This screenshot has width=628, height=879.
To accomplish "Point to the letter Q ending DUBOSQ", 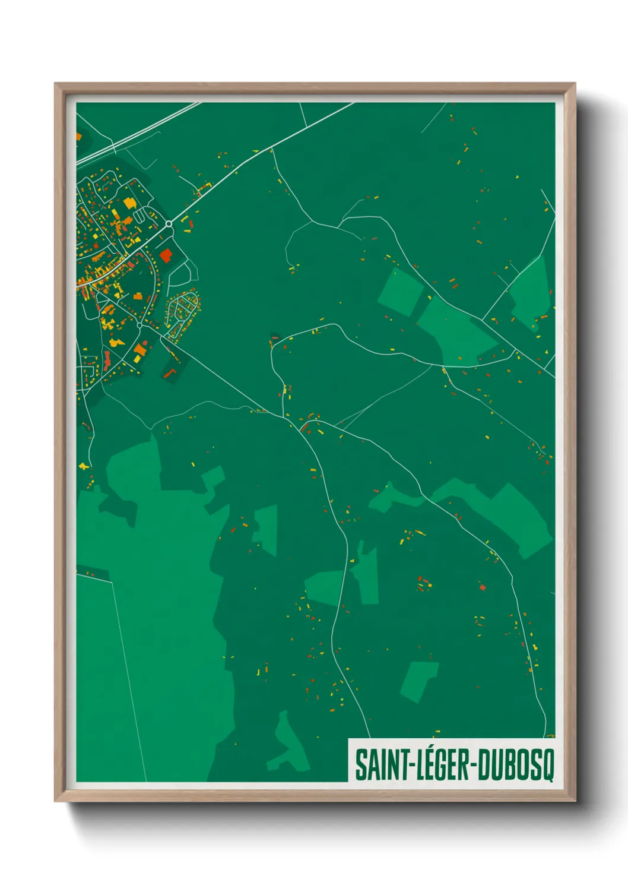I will pyautogui.click(x=547, y=767).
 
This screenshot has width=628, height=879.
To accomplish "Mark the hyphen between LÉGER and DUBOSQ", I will pyautogui.click(x=474, y=766).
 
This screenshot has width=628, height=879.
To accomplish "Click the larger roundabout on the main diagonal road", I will pyautogui.click(x=169, y=224).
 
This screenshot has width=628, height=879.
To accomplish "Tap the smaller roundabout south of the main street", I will pyautogui.click(x=139, y=325).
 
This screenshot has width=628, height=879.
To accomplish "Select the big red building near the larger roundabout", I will pyautogui.click(x=166, y=255).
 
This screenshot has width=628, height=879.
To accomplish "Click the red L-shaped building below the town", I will pyautogui.click(x=171, y=372).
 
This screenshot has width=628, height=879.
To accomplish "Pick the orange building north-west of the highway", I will pyautogui.click(x=78, y=137).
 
